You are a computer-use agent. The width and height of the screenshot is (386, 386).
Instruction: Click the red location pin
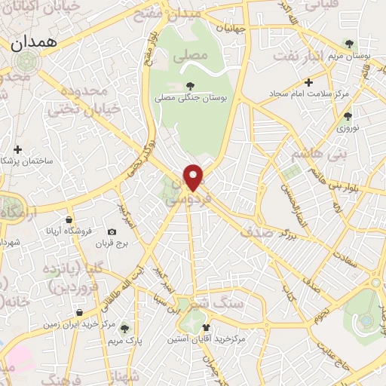[195, 176]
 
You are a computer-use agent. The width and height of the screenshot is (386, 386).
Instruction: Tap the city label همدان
[34, 44]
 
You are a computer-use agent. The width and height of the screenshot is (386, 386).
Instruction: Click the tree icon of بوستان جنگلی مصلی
[188, 86]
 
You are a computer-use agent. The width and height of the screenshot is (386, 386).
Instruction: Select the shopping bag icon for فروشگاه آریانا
[69, 219]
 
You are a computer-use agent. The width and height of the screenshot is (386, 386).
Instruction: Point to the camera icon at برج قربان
[112, 231]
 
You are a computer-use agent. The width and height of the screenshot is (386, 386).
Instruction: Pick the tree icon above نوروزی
[347, 116]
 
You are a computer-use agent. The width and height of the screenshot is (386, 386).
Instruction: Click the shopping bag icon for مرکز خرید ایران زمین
[80, 312]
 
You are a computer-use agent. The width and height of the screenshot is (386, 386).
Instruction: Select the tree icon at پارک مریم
[124, 329]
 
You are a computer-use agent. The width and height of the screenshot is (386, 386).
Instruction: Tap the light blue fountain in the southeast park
[366, 320]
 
